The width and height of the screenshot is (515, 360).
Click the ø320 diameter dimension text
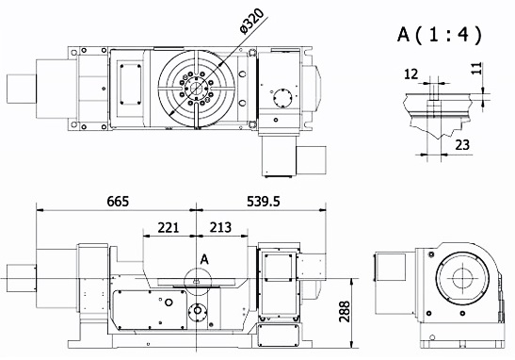pyautogui.click(x=252, y=21)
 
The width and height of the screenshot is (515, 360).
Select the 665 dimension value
pyautogui.click(x=118, y=202)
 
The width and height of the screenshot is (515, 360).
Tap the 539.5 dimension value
pyautogui.click(x=264, y=202)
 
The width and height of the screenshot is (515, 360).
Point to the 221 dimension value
pyautogui.click(x=169, y=227)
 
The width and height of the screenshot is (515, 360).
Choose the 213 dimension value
pyautogui.click(x=220, y=227)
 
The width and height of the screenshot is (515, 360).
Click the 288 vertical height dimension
pyautogui.click(x=345, y=311)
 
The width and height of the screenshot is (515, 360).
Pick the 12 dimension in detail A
pyautogui.click(x=410, y=74)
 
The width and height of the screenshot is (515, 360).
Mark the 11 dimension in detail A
pyautogui.click(x=476, y=69)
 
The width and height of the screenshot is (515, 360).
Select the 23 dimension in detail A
pyautogui.click(x=462, y=144)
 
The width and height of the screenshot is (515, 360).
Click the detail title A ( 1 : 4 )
pyautogui.click(x=440, y=34)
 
